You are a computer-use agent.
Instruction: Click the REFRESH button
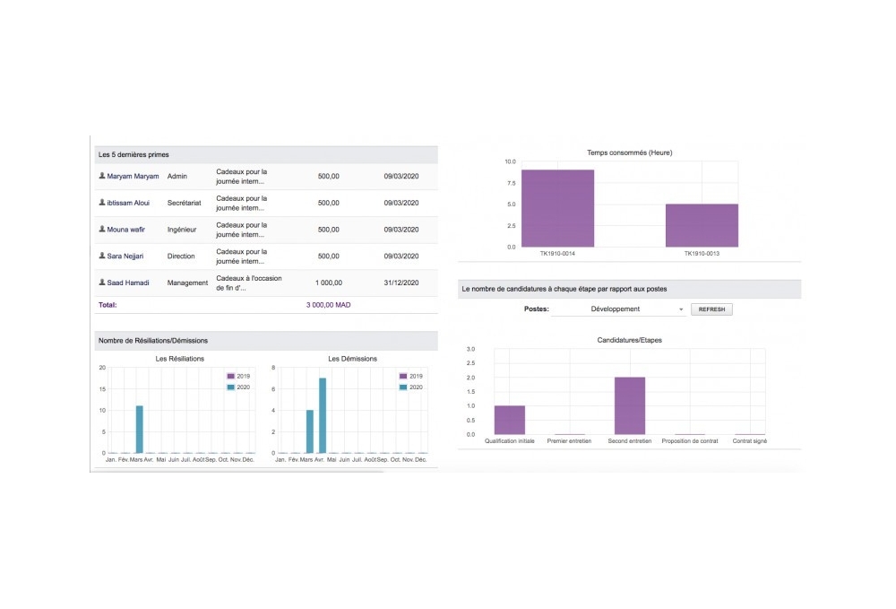[711, 309]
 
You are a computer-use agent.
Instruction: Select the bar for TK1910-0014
[557, 208]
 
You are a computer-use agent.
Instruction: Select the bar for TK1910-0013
[702, 225]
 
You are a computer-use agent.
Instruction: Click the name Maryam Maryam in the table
[133, 176]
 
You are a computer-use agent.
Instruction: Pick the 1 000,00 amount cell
[329, 283]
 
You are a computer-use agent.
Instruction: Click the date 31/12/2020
[401, 283]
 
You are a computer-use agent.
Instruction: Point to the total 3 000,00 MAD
[329, 305]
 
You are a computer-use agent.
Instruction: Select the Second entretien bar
[630, 405]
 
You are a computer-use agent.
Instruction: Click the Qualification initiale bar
[509, 420]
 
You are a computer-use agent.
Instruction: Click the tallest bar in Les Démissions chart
[323, 415]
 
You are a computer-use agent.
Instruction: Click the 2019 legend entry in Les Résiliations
[238, 376]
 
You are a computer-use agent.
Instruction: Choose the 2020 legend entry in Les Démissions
[410, 387]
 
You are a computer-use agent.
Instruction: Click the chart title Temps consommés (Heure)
[629, 152]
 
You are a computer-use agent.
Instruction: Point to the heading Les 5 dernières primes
[134, 155]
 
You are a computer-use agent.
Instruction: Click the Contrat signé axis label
[750, 441]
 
